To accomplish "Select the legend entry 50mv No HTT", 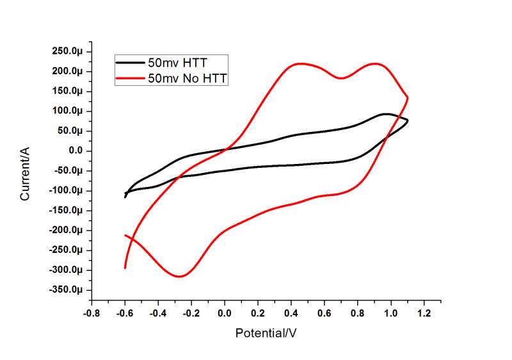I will [188, 78].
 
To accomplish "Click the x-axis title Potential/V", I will [266, 333].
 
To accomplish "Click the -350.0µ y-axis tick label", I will [67, 290].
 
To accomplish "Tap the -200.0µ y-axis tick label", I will [67, 230].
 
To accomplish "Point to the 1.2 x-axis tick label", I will [424, 313].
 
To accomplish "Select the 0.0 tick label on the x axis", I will [224, 313].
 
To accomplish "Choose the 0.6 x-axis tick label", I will [324, 313].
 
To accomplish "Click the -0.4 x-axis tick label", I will [157, 313].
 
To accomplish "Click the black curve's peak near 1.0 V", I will [385, 114].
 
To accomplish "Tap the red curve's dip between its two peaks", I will [340, 78].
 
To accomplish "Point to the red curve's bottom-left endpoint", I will [125, 267].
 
